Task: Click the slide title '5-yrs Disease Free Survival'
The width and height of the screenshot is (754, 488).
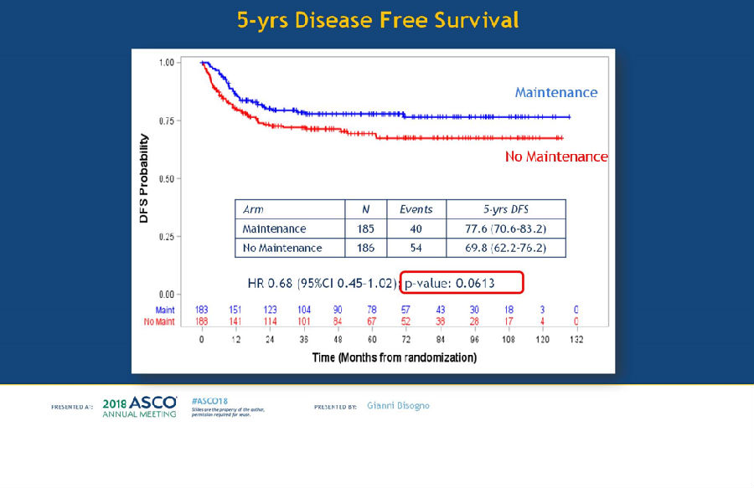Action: (x=377, y=19)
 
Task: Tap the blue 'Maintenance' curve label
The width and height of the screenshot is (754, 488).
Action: (x=555, y=92)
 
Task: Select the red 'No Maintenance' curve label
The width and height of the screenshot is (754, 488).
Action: (x=556, y=157)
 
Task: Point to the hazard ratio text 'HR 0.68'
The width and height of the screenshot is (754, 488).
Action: (x=270, y=283)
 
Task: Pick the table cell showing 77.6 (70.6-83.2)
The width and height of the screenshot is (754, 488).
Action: (x=505, y=229)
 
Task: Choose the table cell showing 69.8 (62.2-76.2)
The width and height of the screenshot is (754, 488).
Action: (x=505, y=248)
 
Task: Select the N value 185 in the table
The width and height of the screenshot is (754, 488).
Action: (x=365, y=229)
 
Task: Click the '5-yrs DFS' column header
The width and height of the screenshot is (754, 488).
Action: (x=505, y=209)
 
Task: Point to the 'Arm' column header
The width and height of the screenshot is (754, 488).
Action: (x=253, y=209)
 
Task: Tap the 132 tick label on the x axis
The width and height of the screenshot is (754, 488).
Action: (x=576, y=340)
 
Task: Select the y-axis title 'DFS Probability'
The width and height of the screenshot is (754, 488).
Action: (x=144, y=177)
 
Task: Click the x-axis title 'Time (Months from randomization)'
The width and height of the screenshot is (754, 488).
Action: (x=395, y=357)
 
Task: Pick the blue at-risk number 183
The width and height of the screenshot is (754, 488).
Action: (x=202, y=311)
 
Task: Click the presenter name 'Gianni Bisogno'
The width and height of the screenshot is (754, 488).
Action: (x=398, y=406)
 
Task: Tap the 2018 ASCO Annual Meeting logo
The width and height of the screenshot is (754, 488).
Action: (x=139, y=407)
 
